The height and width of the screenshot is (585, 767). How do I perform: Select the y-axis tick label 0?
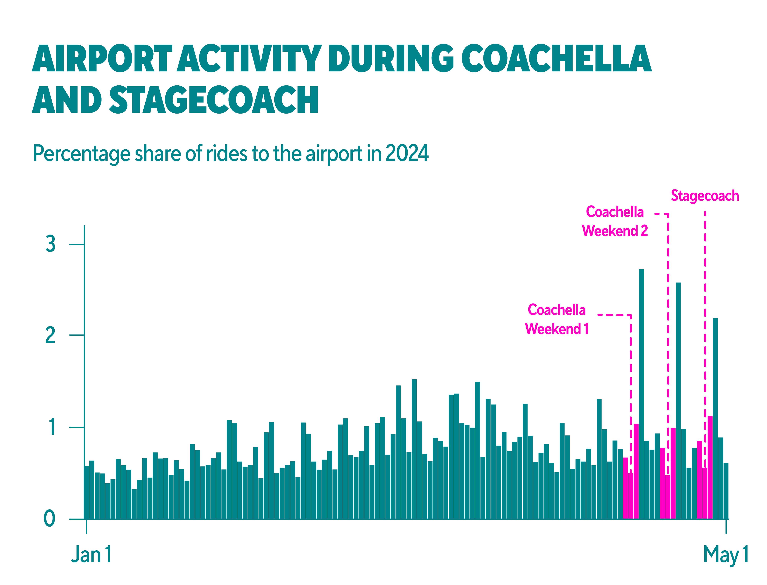[x=49, y=519]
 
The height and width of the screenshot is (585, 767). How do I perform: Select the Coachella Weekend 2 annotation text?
[x=615, y=222]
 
